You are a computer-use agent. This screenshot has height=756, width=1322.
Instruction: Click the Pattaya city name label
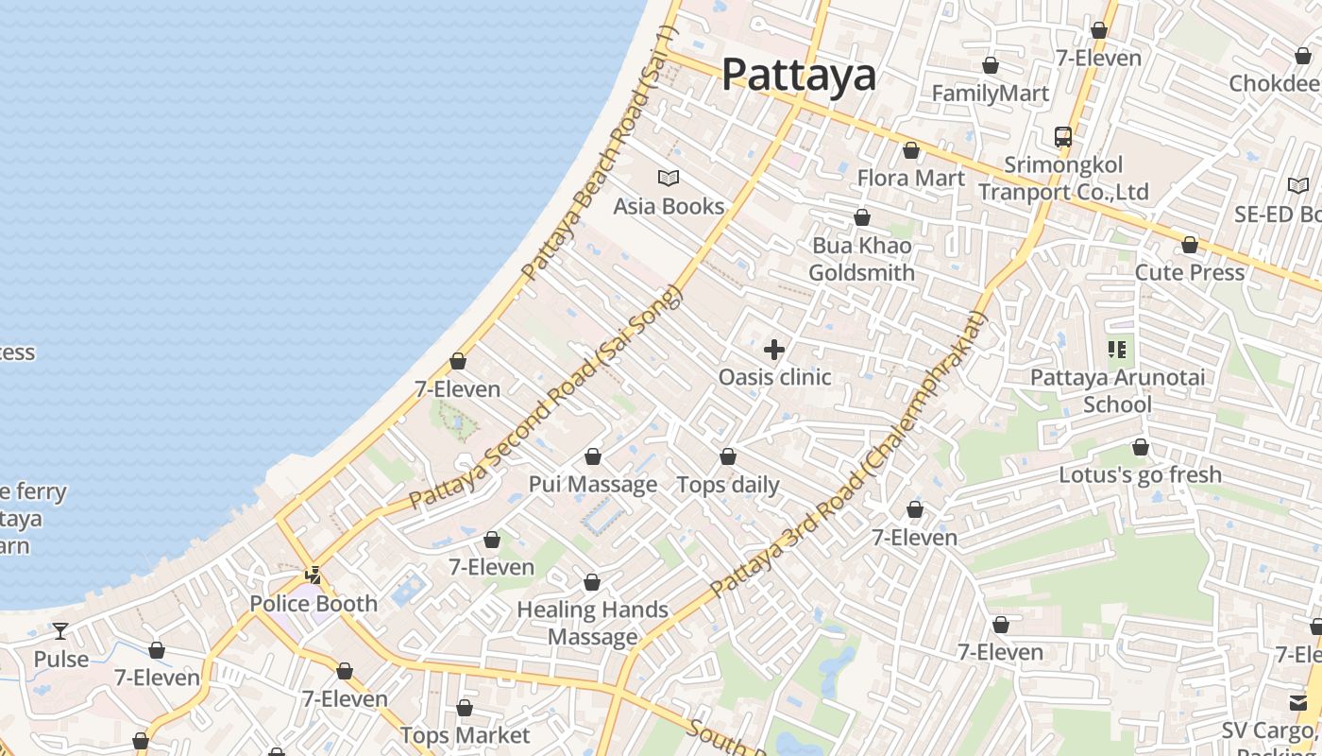[799, 75]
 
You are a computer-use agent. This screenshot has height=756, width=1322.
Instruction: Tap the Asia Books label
[669, 206]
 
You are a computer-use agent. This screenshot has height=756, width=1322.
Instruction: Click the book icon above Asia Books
[669, 178]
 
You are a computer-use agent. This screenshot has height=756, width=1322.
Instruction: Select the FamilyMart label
[990, 94]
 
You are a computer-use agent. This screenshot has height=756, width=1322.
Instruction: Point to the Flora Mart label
[910, 178]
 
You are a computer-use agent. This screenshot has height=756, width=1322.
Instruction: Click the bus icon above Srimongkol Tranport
[1063, 137]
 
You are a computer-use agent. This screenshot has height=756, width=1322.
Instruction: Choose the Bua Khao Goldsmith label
[861, 259]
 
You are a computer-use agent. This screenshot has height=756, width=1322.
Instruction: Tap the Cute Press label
[1189, 272]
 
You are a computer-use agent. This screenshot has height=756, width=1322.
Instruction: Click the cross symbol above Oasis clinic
[774, 350]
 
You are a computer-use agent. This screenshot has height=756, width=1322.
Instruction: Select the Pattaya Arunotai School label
[1117, 390]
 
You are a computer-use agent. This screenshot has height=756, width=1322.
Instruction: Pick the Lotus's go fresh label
[1140, 474]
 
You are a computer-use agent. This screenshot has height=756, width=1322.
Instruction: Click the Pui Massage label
[592, 484]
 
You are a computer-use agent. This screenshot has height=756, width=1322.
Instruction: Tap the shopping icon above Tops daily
[728, 457]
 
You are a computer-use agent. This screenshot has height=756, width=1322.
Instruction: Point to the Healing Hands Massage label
[592, 623]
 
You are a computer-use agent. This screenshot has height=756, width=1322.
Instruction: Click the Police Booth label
[313, 603]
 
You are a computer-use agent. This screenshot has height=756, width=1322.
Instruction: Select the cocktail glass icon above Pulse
[60, 631]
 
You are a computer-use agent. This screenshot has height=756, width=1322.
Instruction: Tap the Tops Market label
[465, 735]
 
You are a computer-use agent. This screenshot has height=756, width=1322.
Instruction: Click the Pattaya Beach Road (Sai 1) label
[600, 154]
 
